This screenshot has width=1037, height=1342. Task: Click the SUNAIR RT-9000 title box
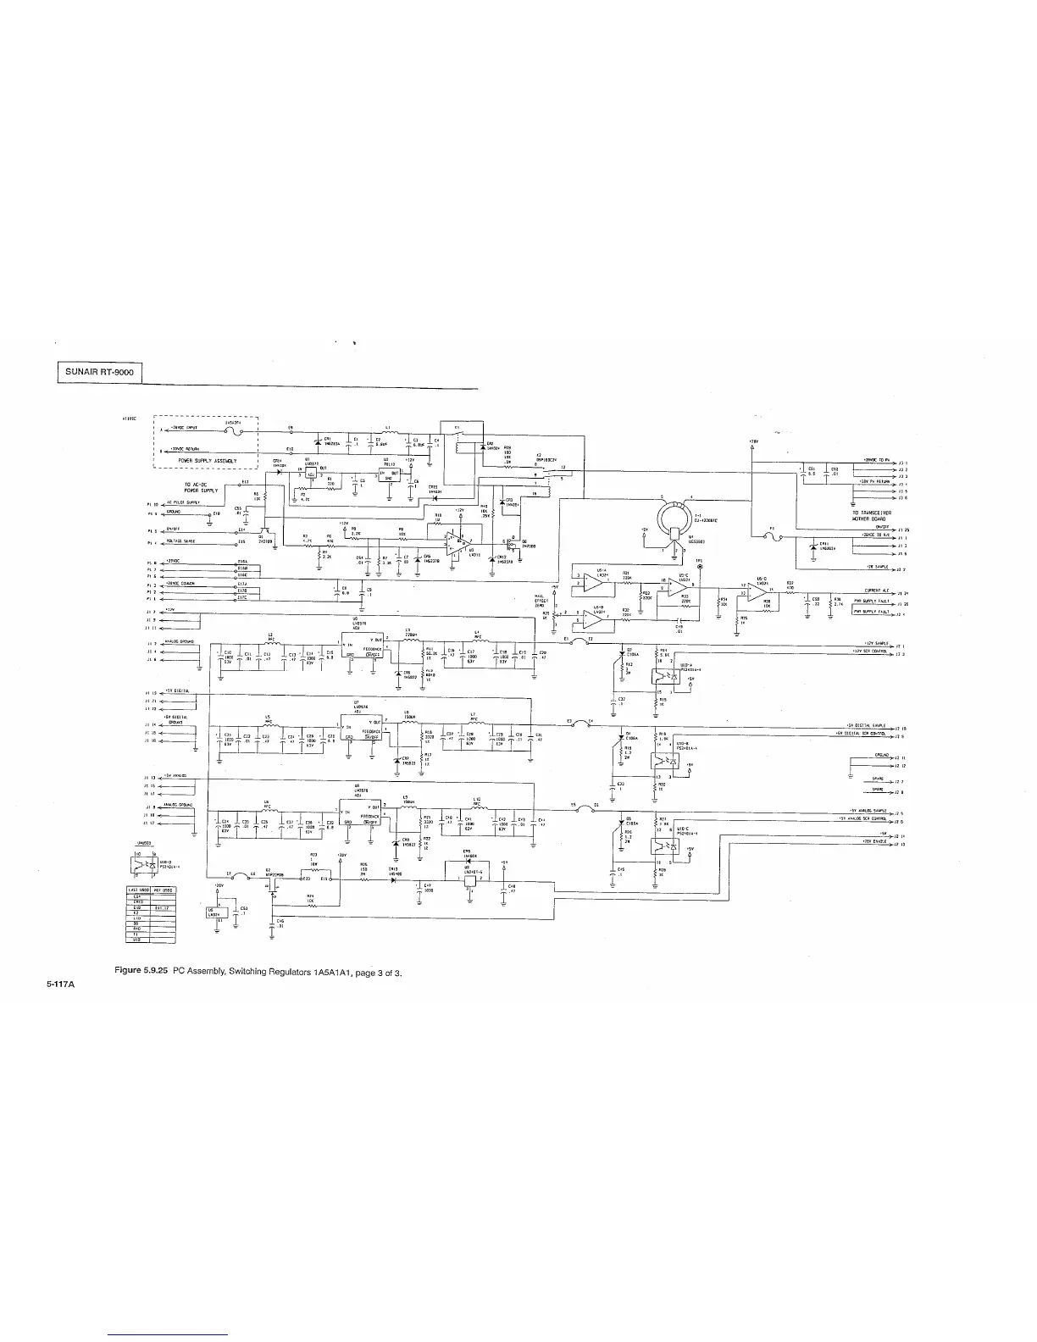point(99,373)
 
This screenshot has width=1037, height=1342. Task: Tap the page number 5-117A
point(61,984)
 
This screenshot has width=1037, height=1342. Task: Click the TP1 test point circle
point(700,567)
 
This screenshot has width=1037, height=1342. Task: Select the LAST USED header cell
point(138,890)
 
